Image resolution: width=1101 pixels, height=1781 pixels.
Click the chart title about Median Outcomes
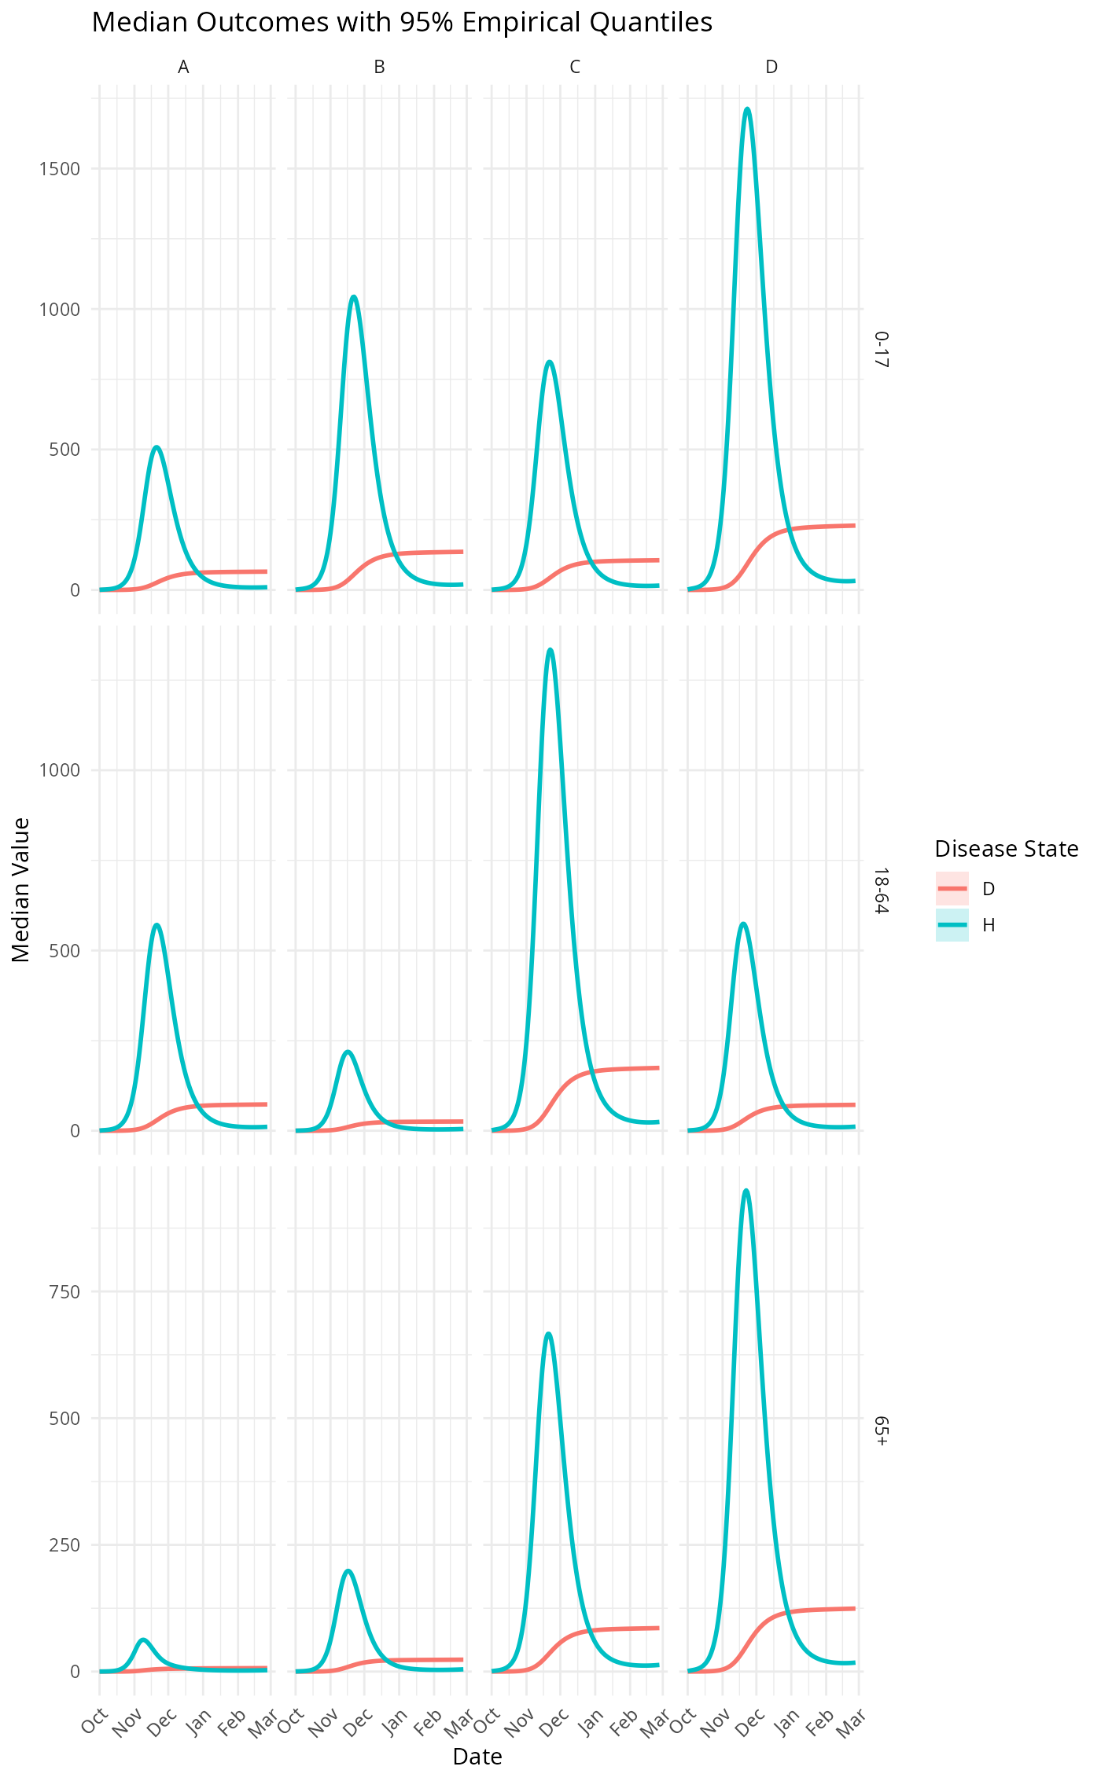click(402, 22)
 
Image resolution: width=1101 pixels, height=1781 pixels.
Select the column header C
click(575, 68)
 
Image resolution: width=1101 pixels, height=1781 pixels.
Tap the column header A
click(183, 68)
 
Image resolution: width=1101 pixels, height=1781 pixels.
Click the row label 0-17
click(882, 349)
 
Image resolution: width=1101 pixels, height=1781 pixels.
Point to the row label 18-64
click(882, 890)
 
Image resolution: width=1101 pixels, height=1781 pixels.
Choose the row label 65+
click(882, 1431)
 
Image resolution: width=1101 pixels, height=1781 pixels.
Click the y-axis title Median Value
click(21, 889)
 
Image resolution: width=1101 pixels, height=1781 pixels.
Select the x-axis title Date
click(477, 1756)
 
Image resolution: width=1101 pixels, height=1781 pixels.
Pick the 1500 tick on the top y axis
click(60, 169)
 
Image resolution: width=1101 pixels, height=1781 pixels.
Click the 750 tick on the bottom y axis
click(64, 1291)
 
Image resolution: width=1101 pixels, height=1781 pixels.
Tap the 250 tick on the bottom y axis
click(64, 1544)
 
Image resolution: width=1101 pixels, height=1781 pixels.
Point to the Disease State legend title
click(1006, 849)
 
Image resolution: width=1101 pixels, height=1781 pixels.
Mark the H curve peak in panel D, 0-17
click(747, 108)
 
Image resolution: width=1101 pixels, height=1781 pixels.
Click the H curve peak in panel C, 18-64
click(550, 649)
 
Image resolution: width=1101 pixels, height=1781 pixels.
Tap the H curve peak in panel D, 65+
click(746, 1190)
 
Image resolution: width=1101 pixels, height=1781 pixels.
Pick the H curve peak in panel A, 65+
click(142, 1640)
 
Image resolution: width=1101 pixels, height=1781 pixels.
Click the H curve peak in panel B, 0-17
click(354, 296)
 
